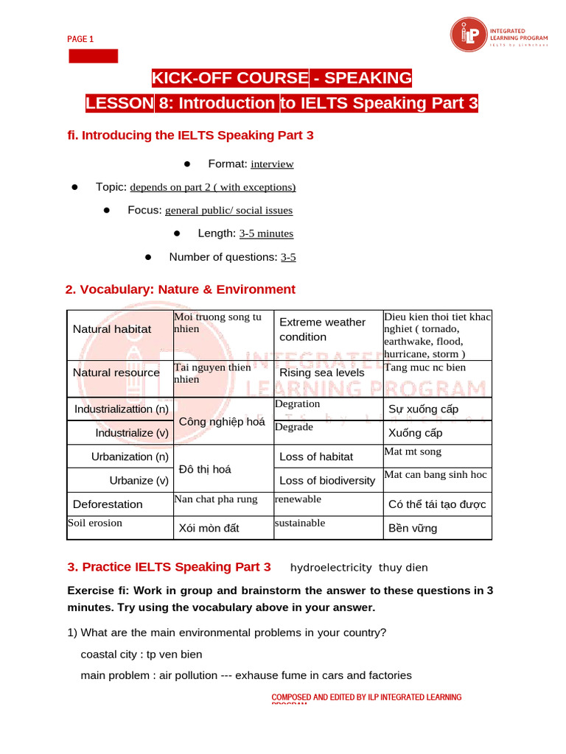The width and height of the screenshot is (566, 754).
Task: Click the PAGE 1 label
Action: [x=80, y=39]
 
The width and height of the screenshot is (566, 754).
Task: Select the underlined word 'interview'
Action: [x=272, y=164]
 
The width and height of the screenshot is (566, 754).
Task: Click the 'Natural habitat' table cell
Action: [x=112, y=329]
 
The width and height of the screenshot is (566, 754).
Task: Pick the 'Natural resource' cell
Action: [x=116, y=373]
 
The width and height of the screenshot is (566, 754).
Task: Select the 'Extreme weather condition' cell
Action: [x=322, y=329]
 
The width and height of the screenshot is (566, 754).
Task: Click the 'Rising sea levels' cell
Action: [x=322, y=373]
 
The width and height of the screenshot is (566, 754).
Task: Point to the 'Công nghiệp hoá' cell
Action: [x=222, y=421]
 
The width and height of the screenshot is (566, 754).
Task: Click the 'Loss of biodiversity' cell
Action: [x=327, y=480]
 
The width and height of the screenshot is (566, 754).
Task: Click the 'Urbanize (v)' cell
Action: [x=139, y=480]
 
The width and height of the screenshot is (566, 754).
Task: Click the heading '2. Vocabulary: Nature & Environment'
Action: [x=181, y=289]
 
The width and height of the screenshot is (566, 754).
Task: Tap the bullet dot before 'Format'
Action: [x=187, y=163]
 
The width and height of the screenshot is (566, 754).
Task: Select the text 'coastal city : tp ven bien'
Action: [x=141, y=654]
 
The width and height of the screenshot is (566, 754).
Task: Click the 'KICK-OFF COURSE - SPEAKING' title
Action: [x=282, y=78]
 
